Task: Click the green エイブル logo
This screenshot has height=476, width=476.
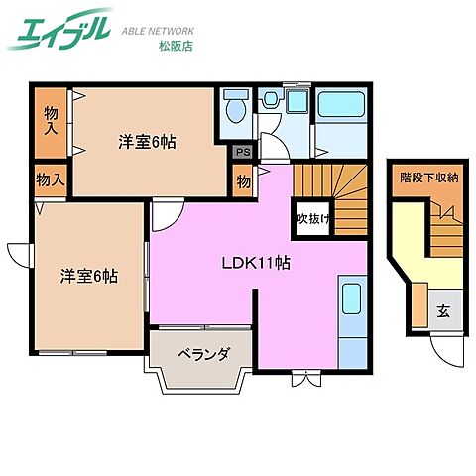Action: pos(60,29)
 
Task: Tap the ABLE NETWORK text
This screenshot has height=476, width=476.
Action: pos(158,31)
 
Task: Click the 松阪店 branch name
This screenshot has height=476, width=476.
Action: pos(176,46)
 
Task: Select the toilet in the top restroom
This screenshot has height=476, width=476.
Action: pos(236,106)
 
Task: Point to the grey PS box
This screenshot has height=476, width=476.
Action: pos(243,153)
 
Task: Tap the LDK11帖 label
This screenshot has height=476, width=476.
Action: pos(256,263)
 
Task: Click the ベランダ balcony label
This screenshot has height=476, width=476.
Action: pos(203,354)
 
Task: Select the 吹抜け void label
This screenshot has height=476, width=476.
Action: pos(313,218)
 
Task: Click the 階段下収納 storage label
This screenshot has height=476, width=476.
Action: pos(429,178)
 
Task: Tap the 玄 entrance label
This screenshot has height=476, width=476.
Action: pos(443,310)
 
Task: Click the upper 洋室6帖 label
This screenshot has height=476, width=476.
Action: pos(147,142)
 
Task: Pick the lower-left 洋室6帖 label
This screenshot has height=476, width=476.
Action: pos(89,276)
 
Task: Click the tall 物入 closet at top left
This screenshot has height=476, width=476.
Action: pos(52,122)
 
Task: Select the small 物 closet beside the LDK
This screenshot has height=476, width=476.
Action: pos(243,181)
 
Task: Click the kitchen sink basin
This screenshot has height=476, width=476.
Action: pos(351,298)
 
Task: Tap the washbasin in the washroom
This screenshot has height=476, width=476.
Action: pos(272,98)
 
